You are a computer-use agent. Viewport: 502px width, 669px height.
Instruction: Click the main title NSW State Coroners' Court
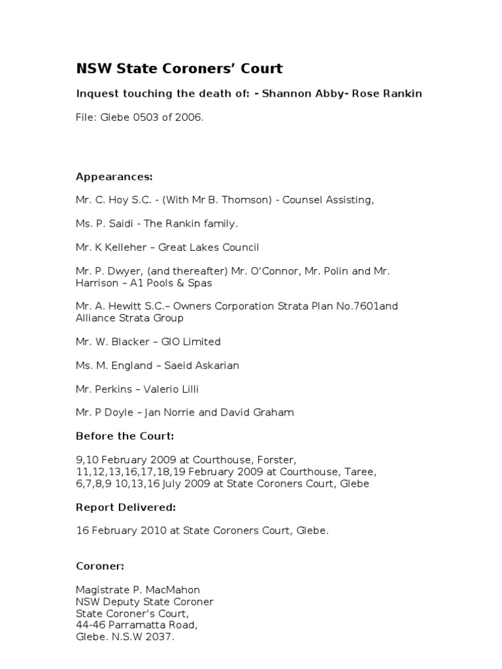coord(180,69)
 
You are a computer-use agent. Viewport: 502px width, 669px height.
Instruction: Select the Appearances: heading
coord(114,176)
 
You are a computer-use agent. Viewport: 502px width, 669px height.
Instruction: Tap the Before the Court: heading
coord(125,436)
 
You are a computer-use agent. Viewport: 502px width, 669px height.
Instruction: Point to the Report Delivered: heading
coord(126,506)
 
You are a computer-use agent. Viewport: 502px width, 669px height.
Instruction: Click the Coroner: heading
coord(100,565)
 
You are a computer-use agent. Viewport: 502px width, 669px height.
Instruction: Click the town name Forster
coord(285,459)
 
